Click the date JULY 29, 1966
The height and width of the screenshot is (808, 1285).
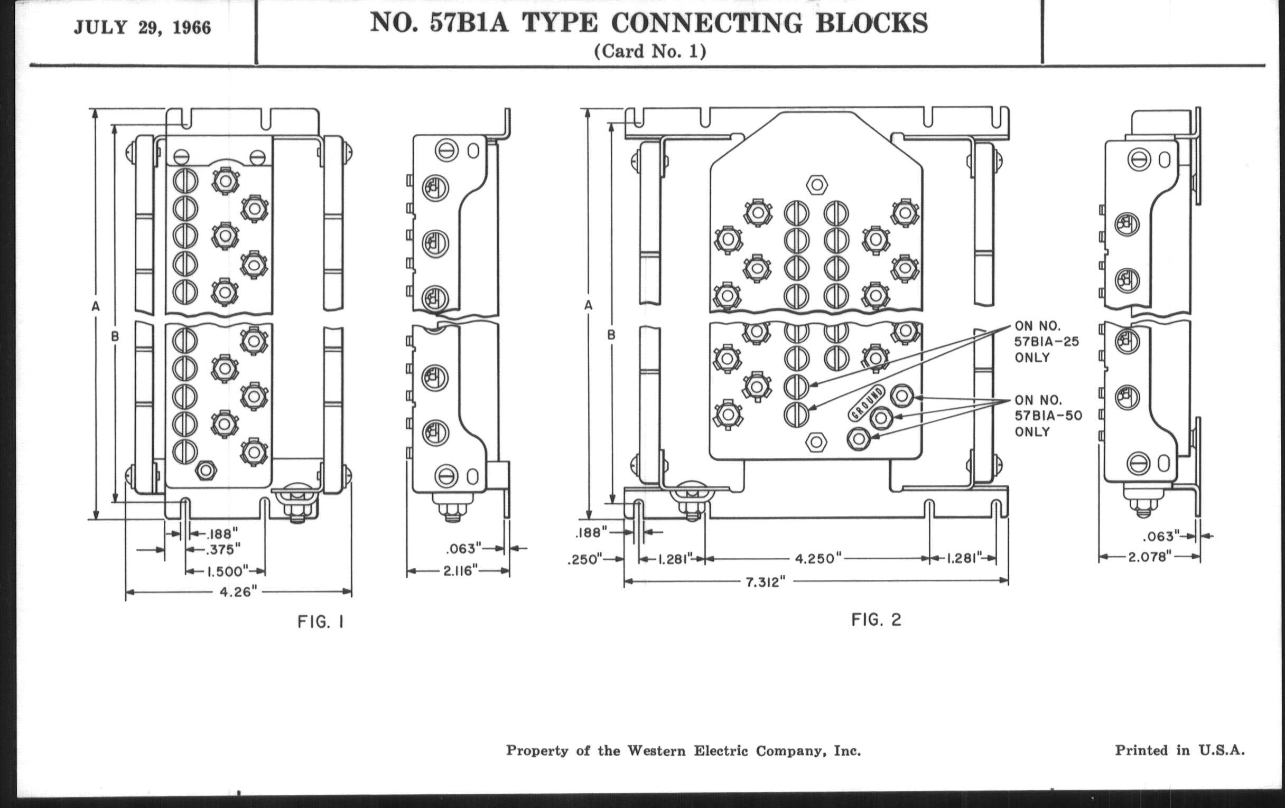point(143,28)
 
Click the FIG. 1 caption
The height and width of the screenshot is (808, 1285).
point(320,622)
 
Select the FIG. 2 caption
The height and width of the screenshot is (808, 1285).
point(876,620)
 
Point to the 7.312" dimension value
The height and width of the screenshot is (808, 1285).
point(765,581)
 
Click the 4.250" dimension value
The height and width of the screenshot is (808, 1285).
point(818,558)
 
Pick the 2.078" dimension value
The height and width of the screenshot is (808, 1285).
point(1149,557)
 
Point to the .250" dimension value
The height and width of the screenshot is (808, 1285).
point(584,559)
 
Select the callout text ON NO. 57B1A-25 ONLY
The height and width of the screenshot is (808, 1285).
point(1046,342)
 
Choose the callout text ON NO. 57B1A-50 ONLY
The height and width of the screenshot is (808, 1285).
point(1048,416)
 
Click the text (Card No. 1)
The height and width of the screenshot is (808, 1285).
point(649,51)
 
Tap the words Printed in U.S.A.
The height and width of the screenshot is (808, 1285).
point(1179,750)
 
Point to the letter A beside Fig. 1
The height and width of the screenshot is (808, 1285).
point(96,306)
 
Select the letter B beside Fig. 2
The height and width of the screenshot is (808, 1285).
point(611,335)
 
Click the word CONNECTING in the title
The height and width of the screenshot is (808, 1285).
point(706,23)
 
